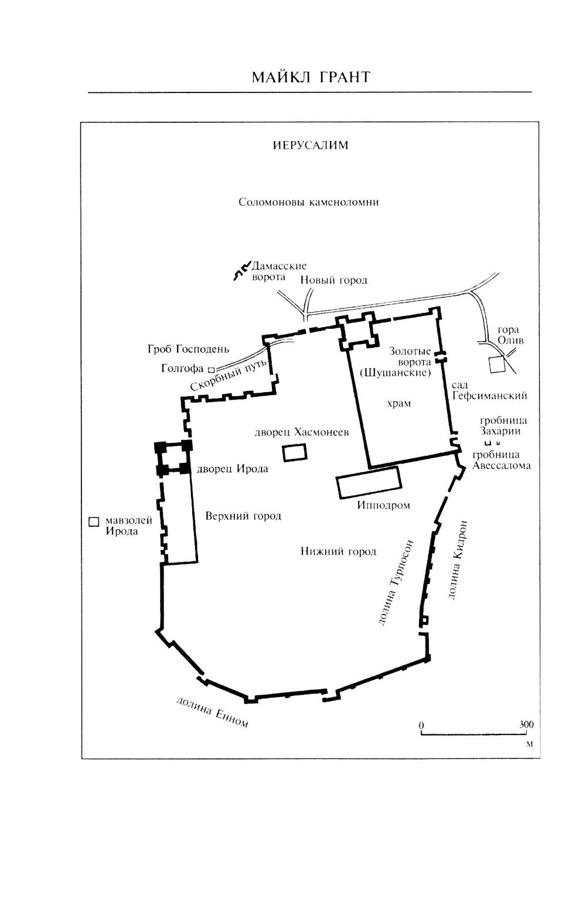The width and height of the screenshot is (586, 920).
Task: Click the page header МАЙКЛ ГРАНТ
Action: (x=311, y=77)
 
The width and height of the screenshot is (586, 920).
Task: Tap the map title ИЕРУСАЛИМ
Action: (x=311, y=145)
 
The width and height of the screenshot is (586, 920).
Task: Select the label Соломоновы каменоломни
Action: (x=308, y=202)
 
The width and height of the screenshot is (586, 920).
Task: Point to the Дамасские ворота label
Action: (x=279, y=272)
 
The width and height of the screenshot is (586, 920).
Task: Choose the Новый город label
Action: (x=333, y=280)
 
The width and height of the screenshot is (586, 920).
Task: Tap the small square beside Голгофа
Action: (x=212, y=369)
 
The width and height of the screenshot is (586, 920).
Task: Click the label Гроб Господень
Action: (x=188, y=349)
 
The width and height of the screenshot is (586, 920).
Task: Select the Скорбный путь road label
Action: (x=229, y=375)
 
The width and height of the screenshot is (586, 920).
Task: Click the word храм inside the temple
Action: (x=399, y=403)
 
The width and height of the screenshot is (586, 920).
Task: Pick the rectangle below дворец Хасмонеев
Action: (x=294, y=452)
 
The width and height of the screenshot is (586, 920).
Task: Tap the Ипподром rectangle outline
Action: (x=369, y=482)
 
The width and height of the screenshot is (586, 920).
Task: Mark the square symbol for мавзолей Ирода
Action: (x=94, y=521)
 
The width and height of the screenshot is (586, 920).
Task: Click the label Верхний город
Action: (x=243, y=516)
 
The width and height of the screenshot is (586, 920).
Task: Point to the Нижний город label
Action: (x=339, y=551)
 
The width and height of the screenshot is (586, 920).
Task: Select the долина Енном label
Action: (x=212, y=712)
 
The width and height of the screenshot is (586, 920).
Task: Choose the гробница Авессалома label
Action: (x=501, y=460)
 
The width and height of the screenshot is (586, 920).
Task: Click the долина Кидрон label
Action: (x=457, y=560)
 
